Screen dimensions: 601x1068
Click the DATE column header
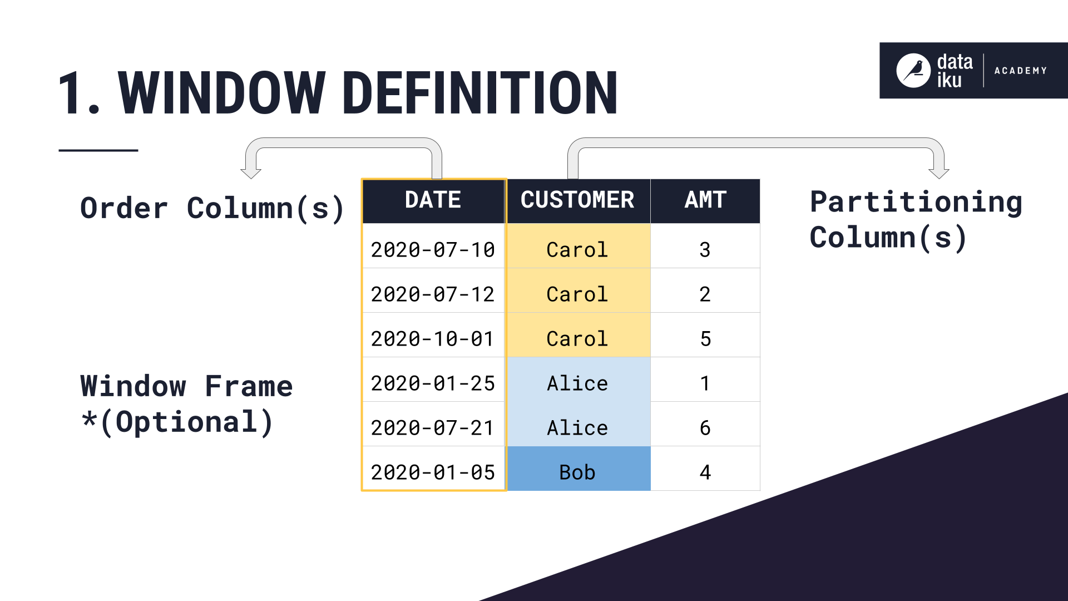pos(433,200)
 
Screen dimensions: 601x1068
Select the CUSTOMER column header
pos(577,200)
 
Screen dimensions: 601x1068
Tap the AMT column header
pos(705,200)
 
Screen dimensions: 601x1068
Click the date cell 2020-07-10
pos(433,250)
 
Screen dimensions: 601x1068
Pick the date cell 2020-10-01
pos(433,339)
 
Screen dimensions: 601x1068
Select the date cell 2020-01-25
pos(433,383)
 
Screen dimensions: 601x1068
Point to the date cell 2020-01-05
pos(433,472)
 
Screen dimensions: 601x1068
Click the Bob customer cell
pos(577,472)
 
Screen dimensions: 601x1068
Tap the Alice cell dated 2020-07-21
pos(577,428)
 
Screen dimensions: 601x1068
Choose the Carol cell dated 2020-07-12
pos(577,294)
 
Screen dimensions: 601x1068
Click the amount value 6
pos(705,428)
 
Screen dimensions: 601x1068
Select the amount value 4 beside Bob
pos(705,472)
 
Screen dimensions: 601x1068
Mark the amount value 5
pos(705,339)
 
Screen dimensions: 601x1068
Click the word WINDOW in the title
pos(221,93)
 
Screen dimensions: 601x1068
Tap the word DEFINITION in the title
pos(479,93)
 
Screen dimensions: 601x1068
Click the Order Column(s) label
pos(212,209)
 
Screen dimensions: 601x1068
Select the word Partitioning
pos(916,202)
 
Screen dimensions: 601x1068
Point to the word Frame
pos(249,386)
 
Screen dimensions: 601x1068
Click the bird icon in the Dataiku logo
pos(913,71)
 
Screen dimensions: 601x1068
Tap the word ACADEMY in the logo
pos(1020,71)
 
